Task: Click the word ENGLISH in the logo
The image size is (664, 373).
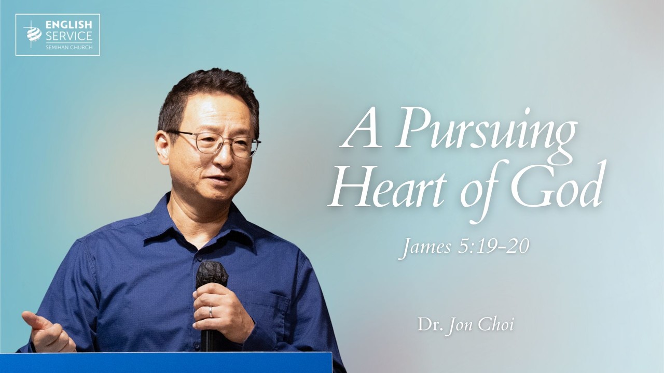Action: click(68, 24)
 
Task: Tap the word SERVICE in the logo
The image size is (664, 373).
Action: click(68, 36)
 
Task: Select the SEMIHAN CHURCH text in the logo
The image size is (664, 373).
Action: click(68, 47)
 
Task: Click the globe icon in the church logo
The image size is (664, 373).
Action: click(33, 34)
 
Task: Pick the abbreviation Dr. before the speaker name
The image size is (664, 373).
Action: click(428, 325)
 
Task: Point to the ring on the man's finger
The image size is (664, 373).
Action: click(211, 312)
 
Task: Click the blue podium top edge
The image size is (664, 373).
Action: click(166, 354)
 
